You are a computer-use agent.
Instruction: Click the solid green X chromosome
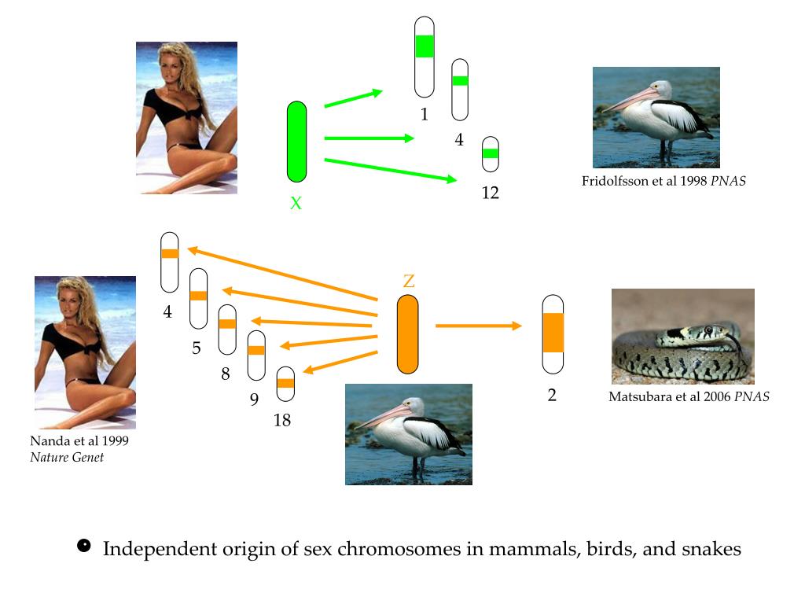296,142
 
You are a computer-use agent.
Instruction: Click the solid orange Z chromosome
407,334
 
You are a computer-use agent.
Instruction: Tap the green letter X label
296,204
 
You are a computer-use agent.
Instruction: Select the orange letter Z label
408,281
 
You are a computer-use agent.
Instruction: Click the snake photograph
682,336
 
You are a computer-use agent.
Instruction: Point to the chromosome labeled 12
491,154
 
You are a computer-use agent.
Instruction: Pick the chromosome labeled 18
285,384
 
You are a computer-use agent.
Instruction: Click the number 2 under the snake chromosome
552,396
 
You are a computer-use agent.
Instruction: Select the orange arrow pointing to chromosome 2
478,326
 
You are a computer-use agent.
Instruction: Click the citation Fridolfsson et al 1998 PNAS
663,181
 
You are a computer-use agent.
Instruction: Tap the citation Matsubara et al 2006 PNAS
689,397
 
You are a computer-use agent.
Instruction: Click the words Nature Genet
67,456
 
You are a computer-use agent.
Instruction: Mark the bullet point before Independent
84,546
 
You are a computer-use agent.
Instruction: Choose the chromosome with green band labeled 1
425,57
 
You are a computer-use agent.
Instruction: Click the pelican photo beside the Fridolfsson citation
656,117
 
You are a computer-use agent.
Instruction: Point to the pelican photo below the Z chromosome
408,434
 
